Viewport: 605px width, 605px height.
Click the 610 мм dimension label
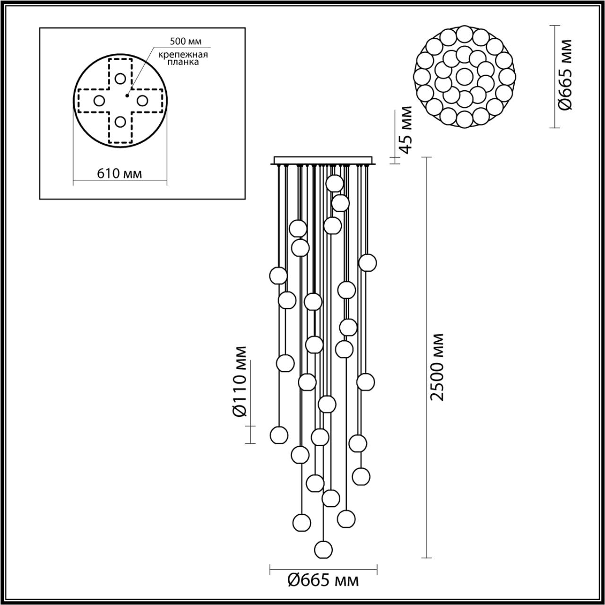pos(120,173)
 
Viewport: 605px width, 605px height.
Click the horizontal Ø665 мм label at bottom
pos(323,579)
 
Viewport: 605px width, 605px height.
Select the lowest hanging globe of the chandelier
pos(323,549)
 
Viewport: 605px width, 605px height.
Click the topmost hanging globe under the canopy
pos(335,183)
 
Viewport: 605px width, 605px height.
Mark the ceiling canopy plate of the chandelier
pos(323,160)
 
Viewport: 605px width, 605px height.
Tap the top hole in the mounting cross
pos(120,78)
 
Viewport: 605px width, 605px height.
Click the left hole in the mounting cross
pos(99,100)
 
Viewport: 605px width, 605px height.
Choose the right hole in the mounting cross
pos(142,100)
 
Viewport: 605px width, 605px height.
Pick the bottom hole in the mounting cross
pos(120,122)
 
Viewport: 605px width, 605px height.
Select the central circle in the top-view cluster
pos(464,76)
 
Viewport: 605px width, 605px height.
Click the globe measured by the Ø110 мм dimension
pos(279,434)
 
